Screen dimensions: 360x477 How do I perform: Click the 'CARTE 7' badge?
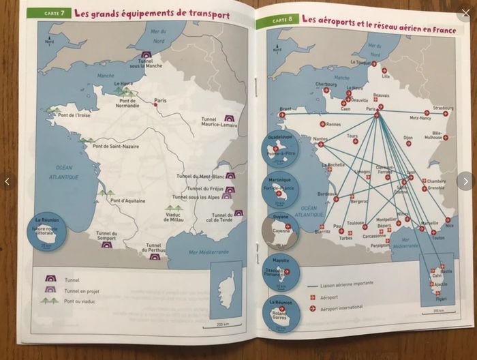point(54,13)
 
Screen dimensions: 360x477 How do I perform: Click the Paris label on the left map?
point(161,101)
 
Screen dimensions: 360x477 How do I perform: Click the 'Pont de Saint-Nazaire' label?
point(116,146)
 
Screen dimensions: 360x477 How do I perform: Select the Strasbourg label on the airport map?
point(443,108)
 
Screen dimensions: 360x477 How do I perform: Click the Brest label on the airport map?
point(286,109)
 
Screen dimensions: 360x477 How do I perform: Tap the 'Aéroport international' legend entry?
point(341,307)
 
